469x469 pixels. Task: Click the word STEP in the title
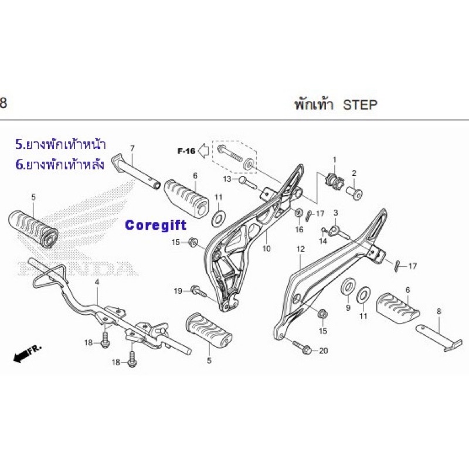click(x=360, y=105)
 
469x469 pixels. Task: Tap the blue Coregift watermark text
click(x=156, y=225)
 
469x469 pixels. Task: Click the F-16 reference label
click(x=186, y=151)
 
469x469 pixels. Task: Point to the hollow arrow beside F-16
click(x=203, y=151)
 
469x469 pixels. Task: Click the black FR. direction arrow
click(x=28, y=354)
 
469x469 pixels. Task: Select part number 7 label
click(x=132, y=148)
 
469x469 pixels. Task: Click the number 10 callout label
click(x=266, y=248)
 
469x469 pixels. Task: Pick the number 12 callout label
click(x=300, y=249)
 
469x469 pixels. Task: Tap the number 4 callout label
click(x=97, y=282)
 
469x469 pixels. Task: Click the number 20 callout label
click(x=324, y=351)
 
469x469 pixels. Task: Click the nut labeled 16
click(x=298, y=213)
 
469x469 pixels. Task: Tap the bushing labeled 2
click(x=354, y=193)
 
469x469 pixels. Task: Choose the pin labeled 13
click(x=247, y=182)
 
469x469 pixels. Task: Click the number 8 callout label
click(x=439, y=311)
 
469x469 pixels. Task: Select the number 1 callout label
click(x=335, y=160)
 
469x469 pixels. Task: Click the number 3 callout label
click(x=335, y=213)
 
